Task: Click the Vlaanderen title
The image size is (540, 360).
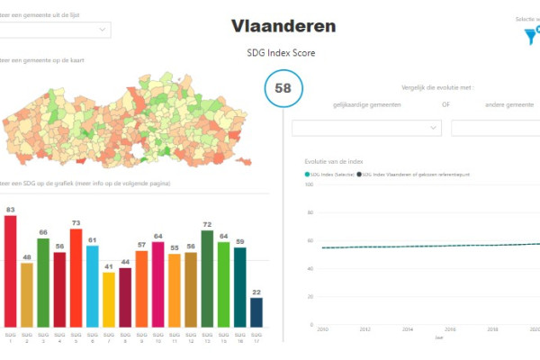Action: [283, 26]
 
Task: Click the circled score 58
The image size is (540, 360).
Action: [283, 88]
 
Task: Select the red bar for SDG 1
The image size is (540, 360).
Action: [11, 271]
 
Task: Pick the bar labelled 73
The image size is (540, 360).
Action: [76, 278]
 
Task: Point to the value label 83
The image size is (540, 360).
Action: [11, 209]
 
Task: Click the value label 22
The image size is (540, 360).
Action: [256, 292]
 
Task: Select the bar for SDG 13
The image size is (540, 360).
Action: [207, 279]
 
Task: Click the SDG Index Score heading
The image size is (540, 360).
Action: [281, 53]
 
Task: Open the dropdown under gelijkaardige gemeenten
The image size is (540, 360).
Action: [373, 129]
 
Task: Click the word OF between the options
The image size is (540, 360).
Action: [445, 105]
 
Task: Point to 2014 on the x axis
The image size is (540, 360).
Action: [408, 330]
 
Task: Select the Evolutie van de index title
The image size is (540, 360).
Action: [333, 161]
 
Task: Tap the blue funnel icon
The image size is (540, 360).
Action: [532, 37]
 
